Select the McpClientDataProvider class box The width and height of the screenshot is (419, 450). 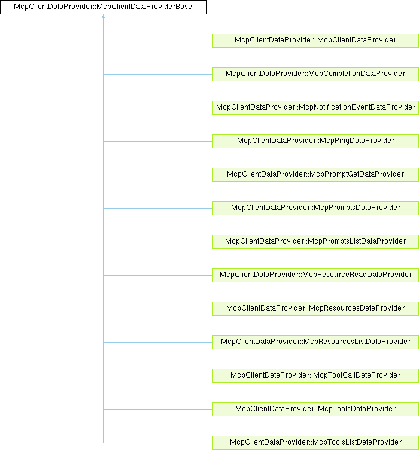(x=315, y=40)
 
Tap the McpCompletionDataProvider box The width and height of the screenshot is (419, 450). (x=315, y=74)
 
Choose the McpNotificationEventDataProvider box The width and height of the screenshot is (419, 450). (x=315, y=107)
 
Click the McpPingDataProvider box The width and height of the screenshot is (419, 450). (x=315, y=141)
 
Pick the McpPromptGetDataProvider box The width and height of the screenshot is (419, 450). (x=315, y=174)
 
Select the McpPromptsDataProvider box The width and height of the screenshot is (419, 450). (x=315, y=208)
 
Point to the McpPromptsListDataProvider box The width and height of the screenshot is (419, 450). (x=315, y=241)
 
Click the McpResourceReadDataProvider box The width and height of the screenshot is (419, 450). (x=315, y=275)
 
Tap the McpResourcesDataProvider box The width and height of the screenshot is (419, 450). (x=315, y=308)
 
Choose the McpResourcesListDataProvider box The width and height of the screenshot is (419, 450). (x=315, y=342)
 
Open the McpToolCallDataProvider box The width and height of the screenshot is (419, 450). (x=315, y=375)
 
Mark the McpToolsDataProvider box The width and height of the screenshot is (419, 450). (x=315, y=409)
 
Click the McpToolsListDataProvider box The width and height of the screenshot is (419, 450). (x=315, y=442)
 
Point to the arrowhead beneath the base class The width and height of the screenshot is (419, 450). (x=104, y=18)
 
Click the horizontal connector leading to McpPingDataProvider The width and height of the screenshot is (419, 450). (x=158, y=141)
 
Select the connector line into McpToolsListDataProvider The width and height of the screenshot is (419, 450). (x=158, y=443)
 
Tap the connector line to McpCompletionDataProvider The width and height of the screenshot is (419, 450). (x=158, y=74)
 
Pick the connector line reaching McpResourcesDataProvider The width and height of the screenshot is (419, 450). (x=158, y=309)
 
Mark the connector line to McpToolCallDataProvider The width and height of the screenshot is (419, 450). (x=158, y=376)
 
